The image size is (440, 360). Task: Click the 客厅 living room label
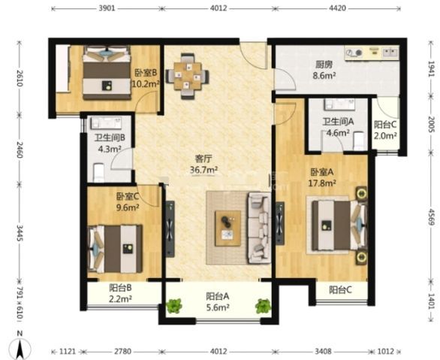click(x=204, y=159)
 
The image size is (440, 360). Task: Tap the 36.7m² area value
click(x=204, y=170)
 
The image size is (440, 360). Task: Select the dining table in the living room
click(x=188, y=76)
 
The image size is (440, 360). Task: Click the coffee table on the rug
click(x=228, y=228)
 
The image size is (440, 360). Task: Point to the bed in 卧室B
click(x=107, y=72)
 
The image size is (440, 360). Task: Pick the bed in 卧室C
click(x=115, y=249)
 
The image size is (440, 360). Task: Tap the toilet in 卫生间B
click(x=98, y=173)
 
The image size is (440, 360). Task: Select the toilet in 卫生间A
click(x=359, y=141)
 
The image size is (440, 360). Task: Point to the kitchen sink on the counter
click(x=390, y=52)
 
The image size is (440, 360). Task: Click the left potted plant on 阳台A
click(x=174, y=306)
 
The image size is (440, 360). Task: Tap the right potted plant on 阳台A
click(x=264, y=306)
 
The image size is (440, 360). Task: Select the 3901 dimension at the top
click(x=107, y=8)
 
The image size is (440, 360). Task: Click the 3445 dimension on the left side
click(x=20, y=233)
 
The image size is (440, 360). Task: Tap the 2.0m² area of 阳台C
click(x=385, y=135)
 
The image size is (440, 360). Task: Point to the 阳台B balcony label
click(x=120, y=288)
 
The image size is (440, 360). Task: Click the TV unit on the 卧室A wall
click(x=280, y=223)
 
